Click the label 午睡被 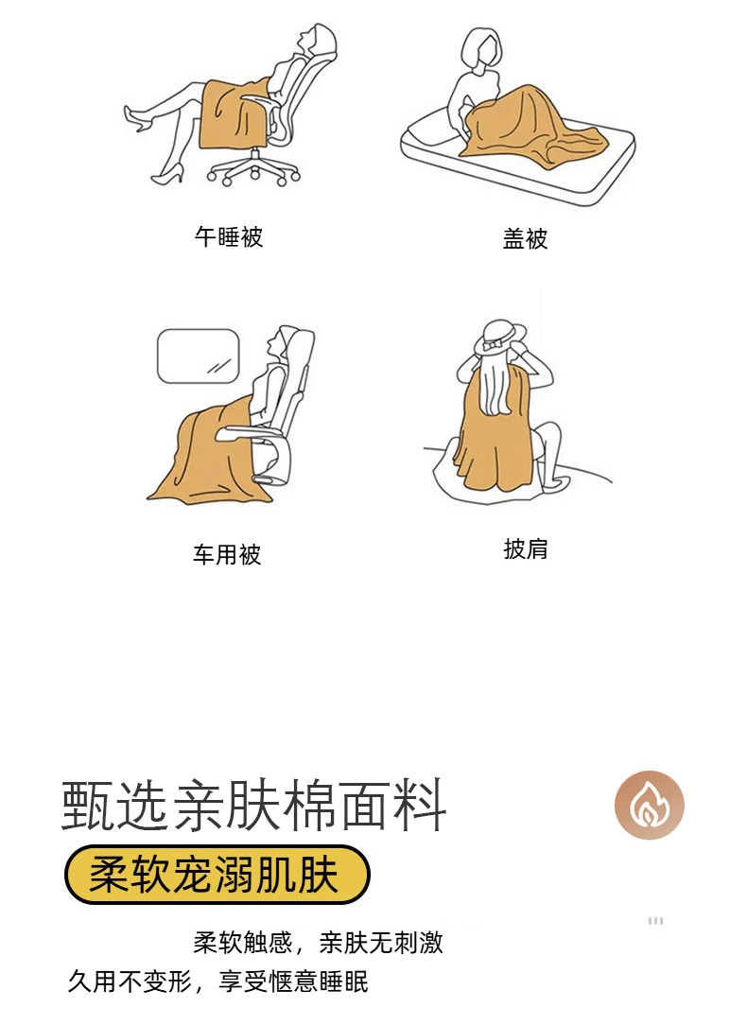(x=229, y=236)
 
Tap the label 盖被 (x=525, y=238)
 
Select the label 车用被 (x=227, y=554)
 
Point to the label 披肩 (x=526, y=548)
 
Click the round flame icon (x=649, y=805)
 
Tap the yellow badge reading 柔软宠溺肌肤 (x=217, y=875)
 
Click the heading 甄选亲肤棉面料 (x=254, y=805)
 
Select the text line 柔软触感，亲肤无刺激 (x=319, y=943)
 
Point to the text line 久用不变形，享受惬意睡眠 (x=218, y=982)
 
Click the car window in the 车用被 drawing (x=198, y=356)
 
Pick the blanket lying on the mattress (x=532, y=126)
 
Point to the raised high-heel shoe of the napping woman (x=138, y=116)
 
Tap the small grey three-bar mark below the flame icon (x=655, y=920)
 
